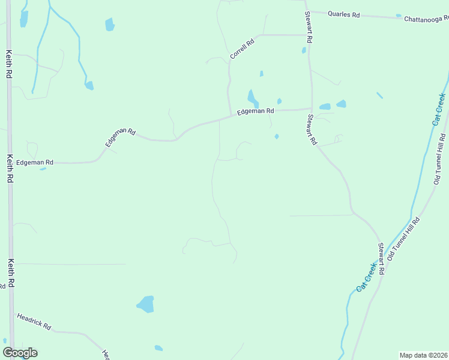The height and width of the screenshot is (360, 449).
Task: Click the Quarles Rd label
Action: coord(343,14)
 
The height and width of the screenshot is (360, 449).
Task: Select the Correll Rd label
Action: coord(242,49)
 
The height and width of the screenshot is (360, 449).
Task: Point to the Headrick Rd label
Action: coord(34,322)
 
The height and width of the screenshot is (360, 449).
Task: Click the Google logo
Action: coord(20,353)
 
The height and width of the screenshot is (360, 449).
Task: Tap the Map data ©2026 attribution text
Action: coord(423,355)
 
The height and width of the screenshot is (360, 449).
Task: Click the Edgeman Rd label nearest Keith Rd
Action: coord(35,163)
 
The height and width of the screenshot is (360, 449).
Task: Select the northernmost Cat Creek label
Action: coord(439,109)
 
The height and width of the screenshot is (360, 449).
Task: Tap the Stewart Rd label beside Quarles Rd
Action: coord(309,27)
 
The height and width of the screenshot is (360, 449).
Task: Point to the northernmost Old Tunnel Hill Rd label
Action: coord(442,163)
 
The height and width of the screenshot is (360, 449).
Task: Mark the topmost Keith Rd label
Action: coord(9,65)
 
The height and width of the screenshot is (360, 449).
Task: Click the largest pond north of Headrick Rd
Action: coord(145,304)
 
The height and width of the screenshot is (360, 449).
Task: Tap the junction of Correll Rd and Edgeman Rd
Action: coord(231,116)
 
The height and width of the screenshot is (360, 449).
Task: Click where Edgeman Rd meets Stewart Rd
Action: coord(311,109)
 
